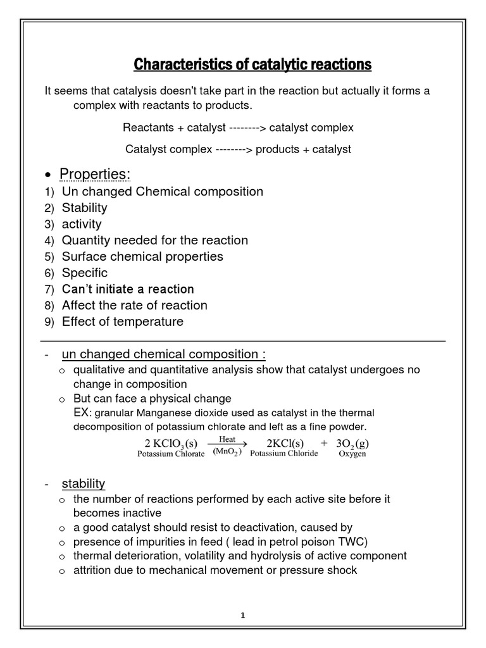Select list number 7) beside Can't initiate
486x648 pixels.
50,290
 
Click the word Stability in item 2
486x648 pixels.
84,208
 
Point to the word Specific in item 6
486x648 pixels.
85,273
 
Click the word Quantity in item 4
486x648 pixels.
86,240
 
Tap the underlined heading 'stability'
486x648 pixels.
83,484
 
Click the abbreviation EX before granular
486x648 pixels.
82,413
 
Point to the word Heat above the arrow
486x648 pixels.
227,439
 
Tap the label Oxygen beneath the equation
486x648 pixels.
352,454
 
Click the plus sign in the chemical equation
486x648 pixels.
323,444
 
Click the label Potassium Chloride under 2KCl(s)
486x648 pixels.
284,454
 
